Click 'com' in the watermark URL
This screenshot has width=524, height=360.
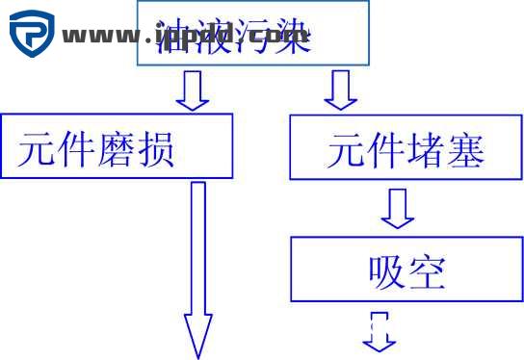tap(284, 38)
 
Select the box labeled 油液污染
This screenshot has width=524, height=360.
tap(252, 33)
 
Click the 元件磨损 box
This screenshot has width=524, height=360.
tap(117, 146)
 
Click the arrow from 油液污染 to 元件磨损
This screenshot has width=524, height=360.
tap(192, 90)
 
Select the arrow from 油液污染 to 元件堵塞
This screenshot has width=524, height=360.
tap(338, 90)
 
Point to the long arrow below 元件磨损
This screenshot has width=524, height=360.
tap(198, 270)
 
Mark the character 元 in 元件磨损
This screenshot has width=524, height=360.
tap(38, 150)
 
